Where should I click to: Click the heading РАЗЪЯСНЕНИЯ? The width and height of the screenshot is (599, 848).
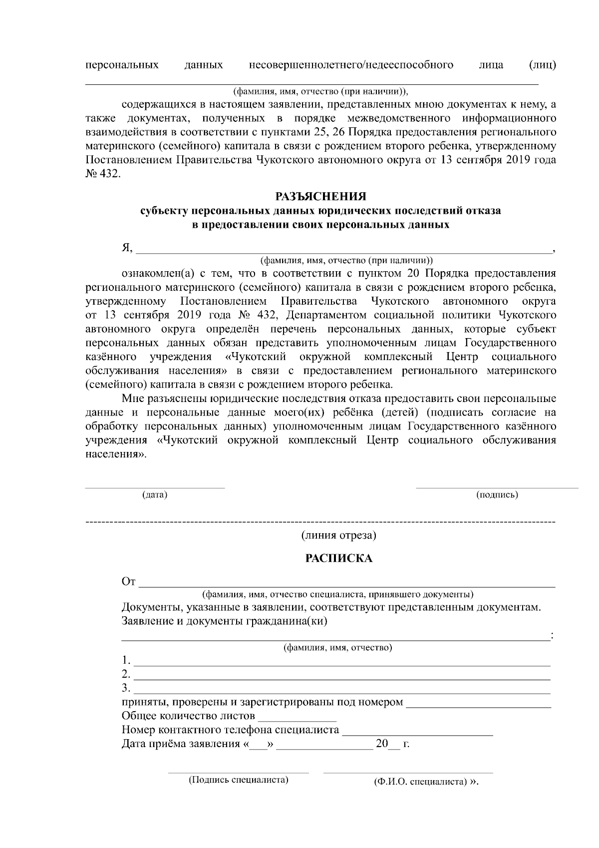321,196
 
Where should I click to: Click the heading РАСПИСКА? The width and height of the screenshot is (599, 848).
339,558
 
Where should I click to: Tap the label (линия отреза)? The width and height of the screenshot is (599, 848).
338,535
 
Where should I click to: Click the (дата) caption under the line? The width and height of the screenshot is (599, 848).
155,495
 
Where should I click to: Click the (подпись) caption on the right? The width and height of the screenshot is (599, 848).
497,495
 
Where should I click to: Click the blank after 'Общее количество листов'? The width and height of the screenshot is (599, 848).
297,718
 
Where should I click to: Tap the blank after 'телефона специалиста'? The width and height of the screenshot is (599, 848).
417,732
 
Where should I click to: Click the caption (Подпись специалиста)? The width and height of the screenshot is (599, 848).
239,780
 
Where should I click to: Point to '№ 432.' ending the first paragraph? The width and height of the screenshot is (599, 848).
103,175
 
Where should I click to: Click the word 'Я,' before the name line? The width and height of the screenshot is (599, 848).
127,248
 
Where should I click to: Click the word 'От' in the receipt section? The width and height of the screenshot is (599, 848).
129,582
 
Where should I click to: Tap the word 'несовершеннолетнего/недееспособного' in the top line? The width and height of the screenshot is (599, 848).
351,65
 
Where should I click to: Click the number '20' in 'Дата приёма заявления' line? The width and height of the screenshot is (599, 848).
382,744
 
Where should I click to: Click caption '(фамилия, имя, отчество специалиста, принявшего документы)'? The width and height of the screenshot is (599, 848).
338,594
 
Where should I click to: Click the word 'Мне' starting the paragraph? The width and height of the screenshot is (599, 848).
132,399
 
